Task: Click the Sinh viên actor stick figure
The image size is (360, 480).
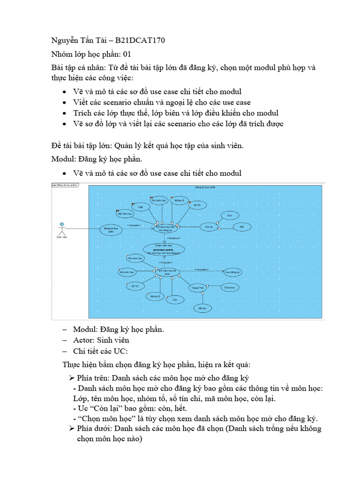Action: pos(60,228)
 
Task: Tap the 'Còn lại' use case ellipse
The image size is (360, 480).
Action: pos(209,227)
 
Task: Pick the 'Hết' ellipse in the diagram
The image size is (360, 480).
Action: pos(242,227)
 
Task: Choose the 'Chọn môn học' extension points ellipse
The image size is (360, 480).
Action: pos(163,249)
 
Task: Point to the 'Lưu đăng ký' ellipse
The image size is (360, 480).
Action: pos(232,272)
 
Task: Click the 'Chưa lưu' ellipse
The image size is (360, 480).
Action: pos(229,287)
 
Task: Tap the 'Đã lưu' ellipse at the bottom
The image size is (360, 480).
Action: pos(202,308)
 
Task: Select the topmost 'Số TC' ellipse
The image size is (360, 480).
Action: pos(197,205)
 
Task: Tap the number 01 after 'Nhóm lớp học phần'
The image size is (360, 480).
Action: pos(127,54)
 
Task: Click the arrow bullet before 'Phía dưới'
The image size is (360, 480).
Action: pos(72,429)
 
